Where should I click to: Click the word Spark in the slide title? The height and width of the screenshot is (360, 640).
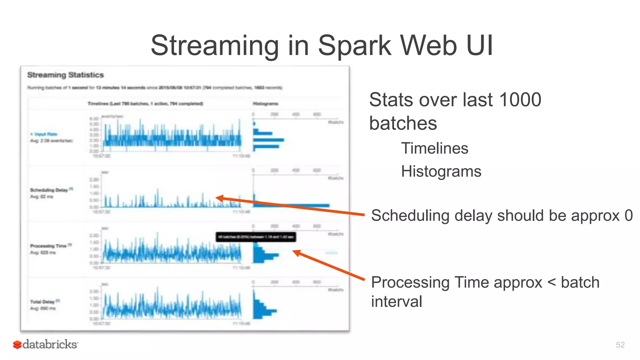354,46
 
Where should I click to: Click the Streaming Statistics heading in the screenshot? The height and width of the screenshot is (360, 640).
65,75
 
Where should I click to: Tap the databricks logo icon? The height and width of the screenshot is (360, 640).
17,344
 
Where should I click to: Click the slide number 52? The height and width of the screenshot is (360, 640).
620,345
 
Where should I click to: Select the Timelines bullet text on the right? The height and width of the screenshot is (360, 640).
435,148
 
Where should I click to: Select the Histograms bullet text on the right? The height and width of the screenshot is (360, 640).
441,171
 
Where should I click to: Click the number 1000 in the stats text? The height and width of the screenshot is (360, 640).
520,100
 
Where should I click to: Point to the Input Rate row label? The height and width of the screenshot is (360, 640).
46,134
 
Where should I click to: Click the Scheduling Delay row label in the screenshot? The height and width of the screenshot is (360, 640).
49,190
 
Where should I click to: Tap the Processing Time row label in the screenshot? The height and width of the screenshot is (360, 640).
48,246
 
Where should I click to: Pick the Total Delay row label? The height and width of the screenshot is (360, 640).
42,302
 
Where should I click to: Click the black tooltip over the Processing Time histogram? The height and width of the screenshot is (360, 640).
256,237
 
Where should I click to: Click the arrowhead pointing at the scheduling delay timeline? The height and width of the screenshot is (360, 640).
219,198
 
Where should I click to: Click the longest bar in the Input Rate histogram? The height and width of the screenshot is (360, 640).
269,140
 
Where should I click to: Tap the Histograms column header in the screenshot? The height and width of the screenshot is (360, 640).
265,103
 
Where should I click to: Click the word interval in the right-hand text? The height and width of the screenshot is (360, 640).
396,302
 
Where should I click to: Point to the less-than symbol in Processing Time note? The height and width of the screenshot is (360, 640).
552,282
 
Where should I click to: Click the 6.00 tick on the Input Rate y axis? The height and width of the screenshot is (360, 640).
94,119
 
